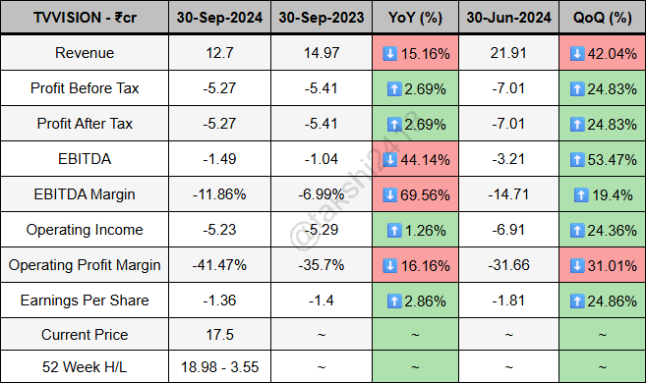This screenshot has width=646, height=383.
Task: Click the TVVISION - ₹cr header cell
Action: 85,18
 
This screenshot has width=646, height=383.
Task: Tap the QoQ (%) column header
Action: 601,18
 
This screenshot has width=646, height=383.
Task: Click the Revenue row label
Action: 85,53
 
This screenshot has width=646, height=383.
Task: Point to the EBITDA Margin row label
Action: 85,194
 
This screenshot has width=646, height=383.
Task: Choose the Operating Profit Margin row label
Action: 85,265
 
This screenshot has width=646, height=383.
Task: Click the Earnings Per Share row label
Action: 85,300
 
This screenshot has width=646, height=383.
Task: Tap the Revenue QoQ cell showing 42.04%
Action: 601,53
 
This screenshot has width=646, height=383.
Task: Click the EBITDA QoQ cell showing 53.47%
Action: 601,159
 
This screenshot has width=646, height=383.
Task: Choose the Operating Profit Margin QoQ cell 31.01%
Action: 601,265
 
